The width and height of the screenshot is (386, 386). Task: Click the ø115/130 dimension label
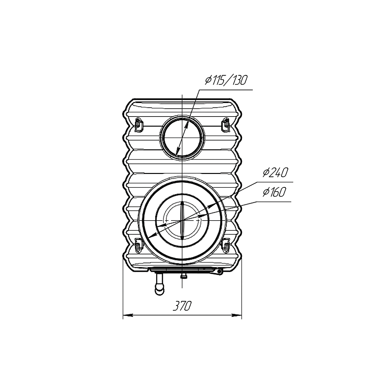point(226,80)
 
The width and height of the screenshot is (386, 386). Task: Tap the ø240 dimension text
point(275,172)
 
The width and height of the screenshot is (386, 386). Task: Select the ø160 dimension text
point(274,192)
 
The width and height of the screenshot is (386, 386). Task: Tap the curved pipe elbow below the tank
point(160,285)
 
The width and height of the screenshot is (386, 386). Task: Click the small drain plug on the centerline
point(182,277)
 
